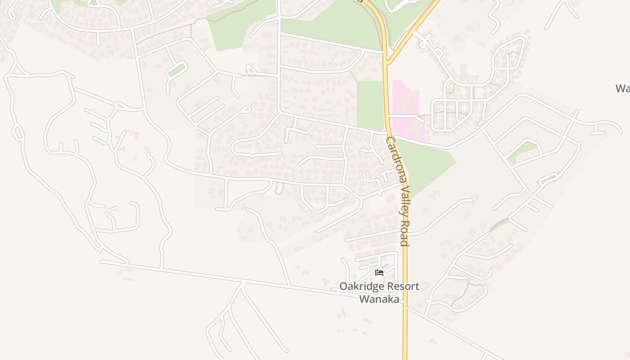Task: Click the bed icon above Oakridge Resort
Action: [379, 273]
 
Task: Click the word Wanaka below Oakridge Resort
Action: [379, 299]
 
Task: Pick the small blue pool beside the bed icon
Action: [385, 266]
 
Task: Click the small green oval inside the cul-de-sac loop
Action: [176, 70]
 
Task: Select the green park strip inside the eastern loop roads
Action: [522, 152]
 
